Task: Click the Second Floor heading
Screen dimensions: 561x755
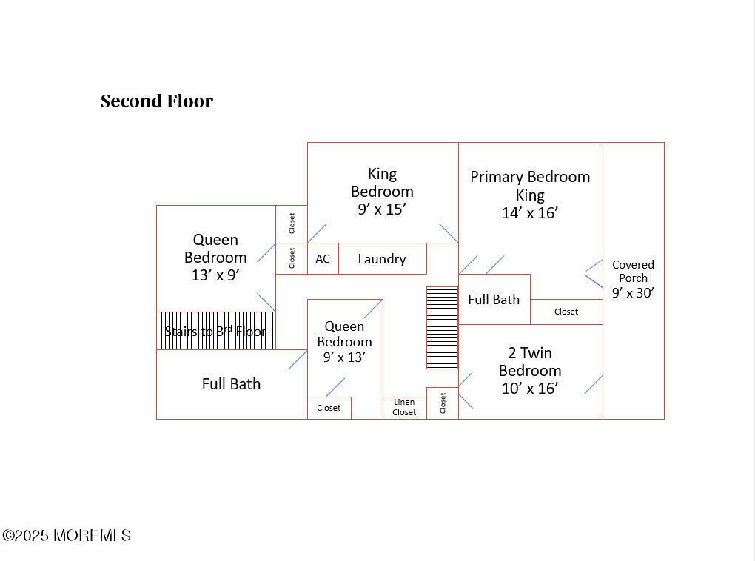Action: coord(157,101)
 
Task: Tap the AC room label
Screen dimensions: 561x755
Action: coord(323,259)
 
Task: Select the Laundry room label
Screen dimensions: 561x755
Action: coord(382,259)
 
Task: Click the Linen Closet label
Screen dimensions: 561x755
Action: coord(404,407)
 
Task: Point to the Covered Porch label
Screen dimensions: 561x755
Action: coord(633,271)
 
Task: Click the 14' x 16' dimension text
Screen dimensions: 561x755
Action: coord(530,213)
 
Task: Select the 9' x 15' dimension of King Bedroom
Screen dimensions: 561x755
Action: coord(382,209)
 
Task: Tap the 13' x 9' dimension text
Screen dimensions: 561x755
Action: coord(215,275)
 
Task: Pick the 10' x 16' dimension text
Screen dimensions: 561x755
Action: coord(530,389)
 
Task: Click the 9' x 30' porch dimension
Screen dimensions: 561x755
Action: coord(633,292)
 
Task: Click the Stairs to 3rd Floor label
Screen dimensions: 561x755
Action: coord(215,331)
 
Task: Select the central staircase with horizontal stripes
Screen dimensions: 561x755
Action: coord(442,328)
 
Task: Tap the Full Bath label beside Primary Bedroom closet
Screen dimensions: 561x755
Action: coord(494,300)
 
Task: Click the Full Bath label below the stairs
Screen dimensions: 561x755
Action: coord(231,384)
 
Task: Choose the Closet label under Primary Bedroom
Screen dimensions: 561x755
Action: coord(566,312)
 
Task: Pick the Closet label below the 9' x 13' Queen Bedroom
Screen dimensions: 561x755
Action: coord(329,408)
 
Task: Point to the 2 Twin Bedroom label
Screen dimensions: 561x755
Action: coord(530,362)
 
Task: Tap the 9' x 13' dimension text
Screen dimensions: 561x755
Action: coord(344,357)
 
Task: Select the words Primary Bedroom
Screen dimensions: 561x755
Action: coord(530,177)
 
